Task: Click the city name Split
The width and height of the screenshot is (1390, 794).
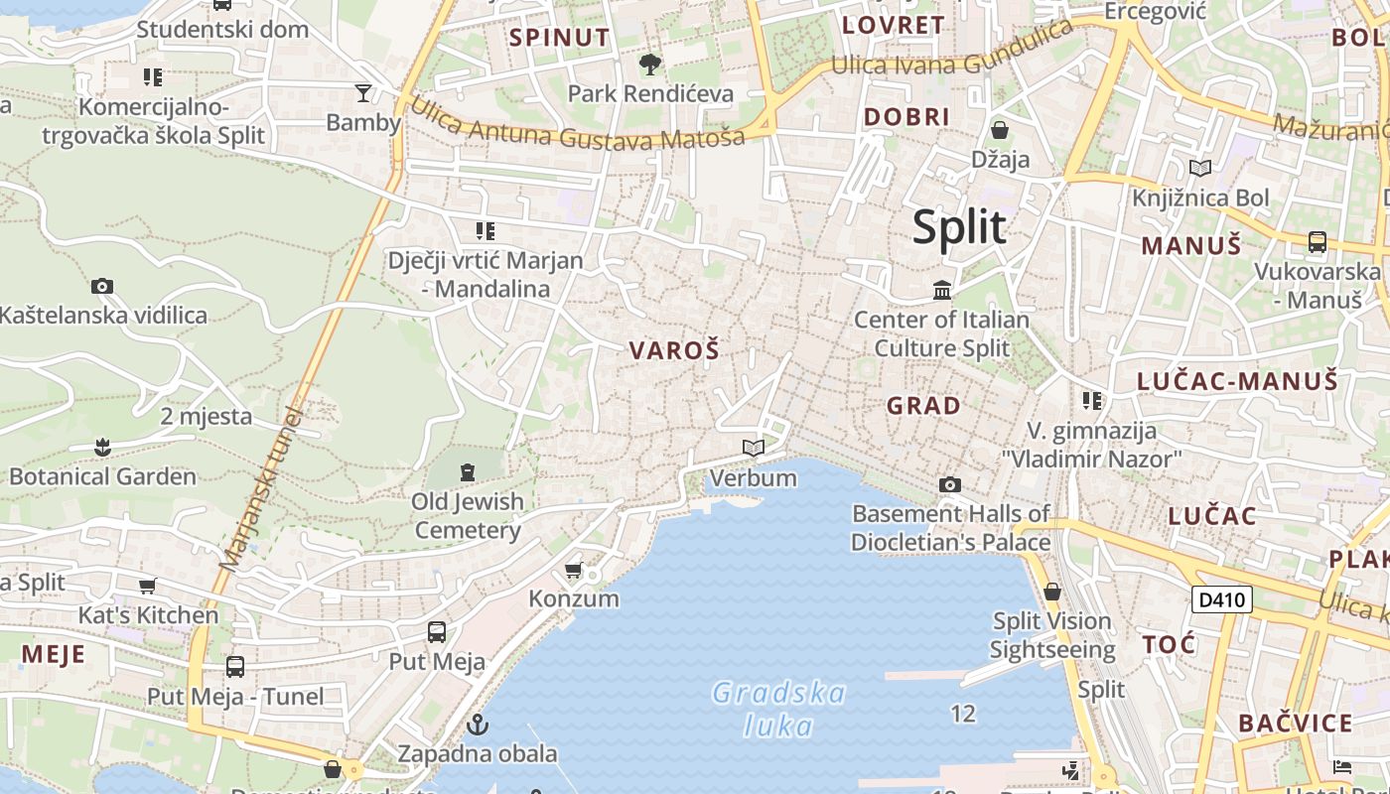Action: pos(959,227)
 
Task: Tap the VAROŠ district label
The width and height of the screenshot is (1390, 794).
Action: pos(674,350)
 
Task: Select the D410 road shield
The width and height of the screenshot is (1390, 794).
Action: pos(1221,599)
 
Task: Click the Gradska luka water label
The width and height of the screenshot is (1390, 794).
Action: pos(779,709)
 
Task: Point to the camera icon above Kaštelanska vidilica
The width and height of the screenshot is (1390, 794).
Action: pos(102,287)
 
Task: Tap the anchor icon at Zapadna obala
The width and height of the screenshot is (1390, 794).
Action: pos(478,724)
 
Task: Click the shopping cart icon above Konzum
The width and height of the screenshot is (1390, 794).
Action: pos(573,570)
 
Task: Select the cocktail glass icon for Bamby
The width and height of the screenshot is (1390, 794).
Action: pos(363,93)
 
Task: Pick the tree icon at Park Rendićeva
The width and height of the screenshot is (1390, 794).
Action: pos(650,65)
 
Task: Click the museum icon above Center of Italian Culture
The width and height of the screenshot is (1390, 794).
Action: pos(942,290)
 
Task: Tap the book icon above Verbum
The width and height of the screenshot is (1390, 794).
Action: pos(754,449)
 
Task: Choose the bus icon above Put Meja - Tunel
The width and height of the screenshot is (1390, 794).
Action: pos(235,667)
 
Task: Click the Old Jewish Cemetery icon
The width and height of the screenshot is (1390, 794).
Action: pos(468,471)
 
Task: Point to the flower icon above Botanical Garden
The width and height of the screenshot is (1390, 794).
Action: pos(102,447)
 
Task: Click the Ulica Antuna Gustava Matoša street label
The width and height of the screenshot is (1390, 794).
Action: pos(576,125)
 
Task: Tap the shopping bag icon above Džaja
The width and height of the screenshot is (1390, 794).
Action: pos(1000,130)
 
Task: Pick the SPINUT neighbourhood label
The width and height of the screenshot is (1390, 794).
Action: pos(559,38)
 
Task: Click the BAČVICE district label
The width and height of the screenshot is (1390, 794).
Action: pos(1295,724)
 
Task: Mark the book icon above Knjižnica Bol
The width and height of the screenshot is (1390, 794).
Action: pos(1200,168)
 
